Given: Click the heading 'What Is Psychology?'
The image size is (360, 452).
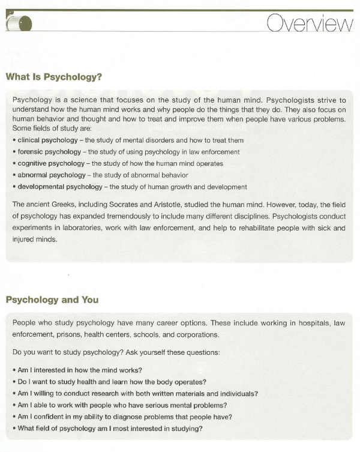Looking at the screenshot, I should [x=53, y=77].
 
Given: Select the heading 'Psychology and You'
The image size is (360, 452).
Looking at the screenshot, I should [x=52, y=300].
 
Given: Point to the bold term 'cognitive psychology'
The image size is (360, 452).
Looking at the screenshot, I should [x=47, y=163].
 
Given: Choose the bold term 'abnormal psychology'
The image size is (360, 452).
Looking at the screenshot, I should [x=47, y=175].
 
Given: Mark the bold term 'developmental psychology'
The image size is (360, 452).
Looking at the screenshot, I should [x=55, y=187].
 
